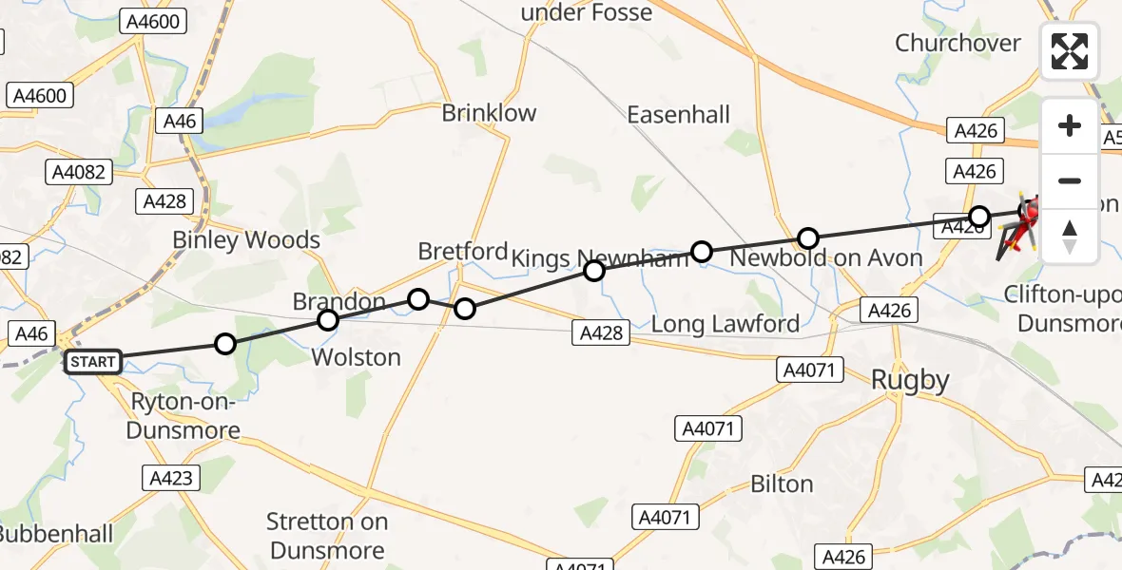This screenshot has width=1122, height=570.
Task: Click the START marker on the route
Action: tap(93, 362)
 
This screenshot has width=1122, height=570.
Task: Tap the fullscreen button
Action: tap(1070, 52)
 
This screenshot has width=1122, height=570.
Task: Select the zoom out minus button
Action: tap(1070, 180)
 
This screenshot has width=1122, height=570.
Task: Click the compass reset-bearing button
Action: tap(1070, 236)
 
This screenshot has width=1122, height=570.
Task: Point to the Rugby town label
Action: tap(911, 381)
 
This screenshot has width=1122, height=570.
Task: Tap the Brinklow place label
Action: tap(489, 113)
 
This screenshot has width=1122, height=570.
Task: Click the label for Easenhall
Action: tap(678, 115)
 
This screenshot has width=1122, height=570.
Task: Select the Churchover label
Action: tap(958, 43)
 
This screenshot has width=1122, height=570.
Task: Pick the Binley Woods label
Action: tap(246, 240)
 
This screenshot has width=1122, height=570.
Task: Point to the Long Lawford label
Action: tap(725, 324)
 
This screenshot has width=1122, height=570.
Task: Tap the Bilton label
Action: tap(782, 484)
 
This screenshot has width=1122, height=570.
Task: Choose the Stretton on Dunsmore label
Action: tap(327, 536)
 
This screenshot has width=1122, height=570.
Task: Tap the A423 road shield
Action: tap(171, 478)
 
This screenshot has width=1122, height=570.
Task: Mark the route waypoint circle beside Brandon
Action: tap(327, 320)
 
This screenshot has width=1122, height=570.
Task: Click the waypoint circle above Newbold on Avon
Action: tap(807, 237)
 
